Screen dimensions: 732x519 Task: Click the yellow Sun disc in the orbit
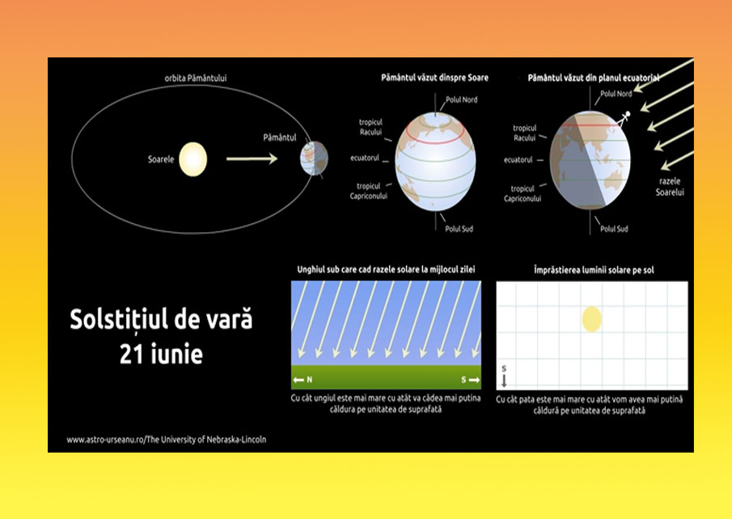tap(193, 159)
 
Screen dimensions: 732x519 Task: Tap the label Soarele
tap(161, 159)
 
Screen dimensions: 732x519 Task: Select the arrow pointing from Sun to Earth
tap(252, 158)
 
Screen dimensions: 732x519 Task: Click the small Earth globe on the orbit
tap(314, 158)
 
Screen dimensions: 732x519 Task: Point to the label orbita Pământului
tap(196, 78)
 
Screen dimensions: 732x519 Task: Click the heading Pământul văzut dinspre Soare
tap(434, 78)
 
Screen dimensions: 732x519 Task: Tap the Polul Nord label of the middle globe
tap(461, 99)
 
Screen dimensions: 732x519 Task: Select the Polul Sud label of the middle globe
tap(459, 229)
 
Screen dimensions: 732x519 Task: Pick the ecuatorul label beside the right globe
tap(518, 159)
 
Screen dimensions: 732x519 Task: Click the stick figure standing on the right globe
tap(624, 119)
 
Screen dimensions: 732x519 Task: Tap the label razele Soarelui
tap(670, 187)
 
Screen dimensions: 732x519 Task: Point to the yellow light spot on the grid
tap(591, 319)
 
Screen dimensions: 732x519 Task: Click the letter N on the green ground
tap(310, 380)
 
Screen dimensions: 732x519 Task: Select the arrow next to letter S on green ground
tap(474, 380)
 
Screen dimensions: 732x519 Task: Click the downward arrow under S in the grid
tap(504, 381)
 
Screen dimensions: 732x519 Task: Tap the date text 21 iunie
tap(161, 355)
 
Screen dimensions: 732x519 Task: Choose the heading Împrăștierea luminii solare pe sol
tap(594, 270)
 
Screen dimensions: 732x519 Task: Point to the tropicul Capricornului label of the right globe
tap(523, 194)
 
